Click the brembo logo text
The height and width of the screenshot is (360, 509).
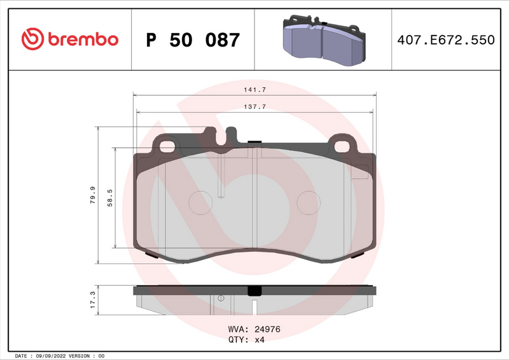pyautogui.click(x=81, y=39)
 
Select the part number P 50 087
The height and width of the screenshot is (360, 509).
pyautogui.click(x=193, y=40)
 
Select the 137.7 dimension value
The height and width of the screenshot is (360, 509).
pyautogui.click(x=254, y=107)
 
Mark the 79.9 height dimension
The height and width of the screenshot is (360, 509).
pyautogui.click(x=94, y=195)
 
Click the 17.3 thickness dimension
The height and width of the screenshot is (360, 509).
pyautogui.click(x=93, y=300)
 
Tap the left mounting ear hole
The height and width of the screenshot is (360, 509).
pyautogui.click(x=168, y=146)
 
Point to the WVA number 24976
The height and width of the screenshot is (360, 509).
pyautogui.click(x=268, y=329)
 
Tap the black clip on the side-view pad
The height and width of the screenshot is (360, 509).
pyautogui.click(x=254, y=291)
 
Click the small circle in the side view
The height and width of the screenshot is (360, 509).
pyautogui.click(x=221, y=298)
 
